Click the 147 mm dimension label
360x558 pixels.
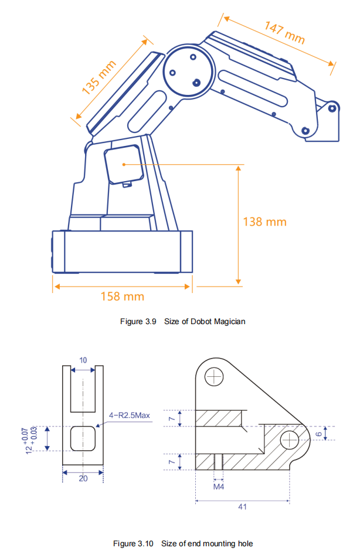[284, 32]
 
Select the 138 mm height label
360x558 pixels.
[264, 222]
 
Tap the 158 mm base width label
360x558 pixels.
[123, 296]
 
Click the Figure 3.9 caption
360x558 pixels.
[182, 321]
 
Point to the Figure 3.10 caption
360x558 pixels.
[183, 543]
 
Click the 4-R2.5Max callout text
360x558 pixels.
[130, 415]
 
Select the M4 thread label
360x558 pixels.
[219, 486]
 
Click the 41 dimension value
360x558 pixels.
[242, 507]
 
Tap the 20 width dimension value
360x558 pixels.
[83, 478]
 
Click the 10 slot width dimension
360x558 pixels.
[83, 360]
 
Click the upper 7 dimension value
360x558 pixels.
[172, 418]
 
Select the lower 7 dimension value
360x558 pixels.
[172, 461]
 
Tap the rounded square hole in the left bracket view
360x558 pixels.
[83, 438]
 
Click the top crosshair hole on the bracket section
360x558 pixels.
[216, 375]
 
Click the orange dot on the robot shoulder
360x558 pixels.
[124, 165]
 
